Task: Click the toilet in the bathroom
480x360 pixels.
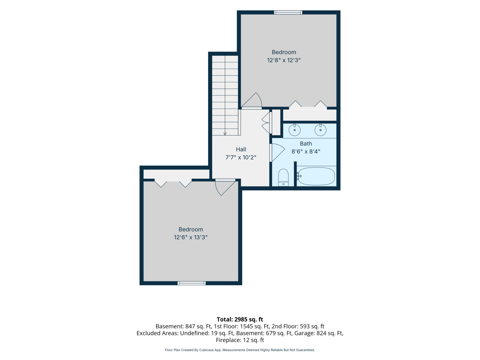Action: tap(283, 177)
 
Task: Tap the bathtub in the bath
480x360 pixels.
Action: tap(316, 176)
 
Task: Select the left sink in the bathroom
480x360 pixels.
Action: tap(294, 130)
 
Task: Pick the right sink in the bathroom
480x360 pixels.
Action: tap(320, 130)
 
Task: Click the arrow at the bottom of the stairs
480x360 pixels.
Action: tap(225, 134)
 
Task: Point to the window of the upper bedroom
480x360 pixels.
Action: tap(288, 12)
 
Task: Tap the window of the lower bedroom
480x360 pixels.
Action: tap(191, 283)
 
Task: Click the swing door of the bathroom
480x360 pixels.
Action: tap(277, 153)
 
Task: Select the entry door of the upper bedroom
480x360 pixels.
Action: tap(251, 101)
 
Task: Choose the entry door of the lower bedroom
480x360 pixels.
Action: tap(225, 187)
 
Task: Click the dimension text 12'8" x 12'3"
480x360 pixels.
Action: tap(284, 60)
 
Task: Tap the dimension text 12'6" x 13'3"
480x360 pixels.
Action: tap(190, 237)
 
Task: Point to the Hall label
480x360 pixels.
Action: tap(241, 149)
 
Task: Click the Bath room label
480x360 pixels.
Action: tap(306, 144)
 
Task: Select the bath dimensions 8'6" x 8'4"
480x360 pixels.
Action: tap(306, 151)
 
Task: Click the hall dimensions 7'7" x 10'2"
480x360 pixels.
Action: tap(241, 157)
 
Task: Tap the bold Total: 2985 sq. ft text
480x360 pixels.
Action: tap(240, 319)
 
